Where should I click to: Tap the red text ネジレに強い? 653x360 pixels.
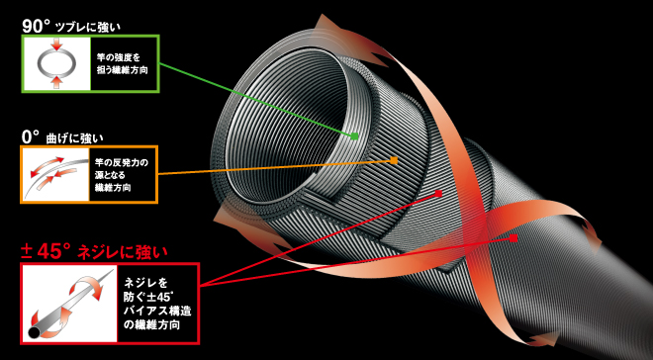click(134, 248)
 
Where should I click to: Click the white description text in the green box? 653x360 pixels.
click(120, 67)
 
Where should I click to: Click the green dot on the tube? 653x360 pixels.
click(353, 134)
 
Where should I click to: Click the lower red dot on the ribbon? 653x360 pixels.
click(514, 237)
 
